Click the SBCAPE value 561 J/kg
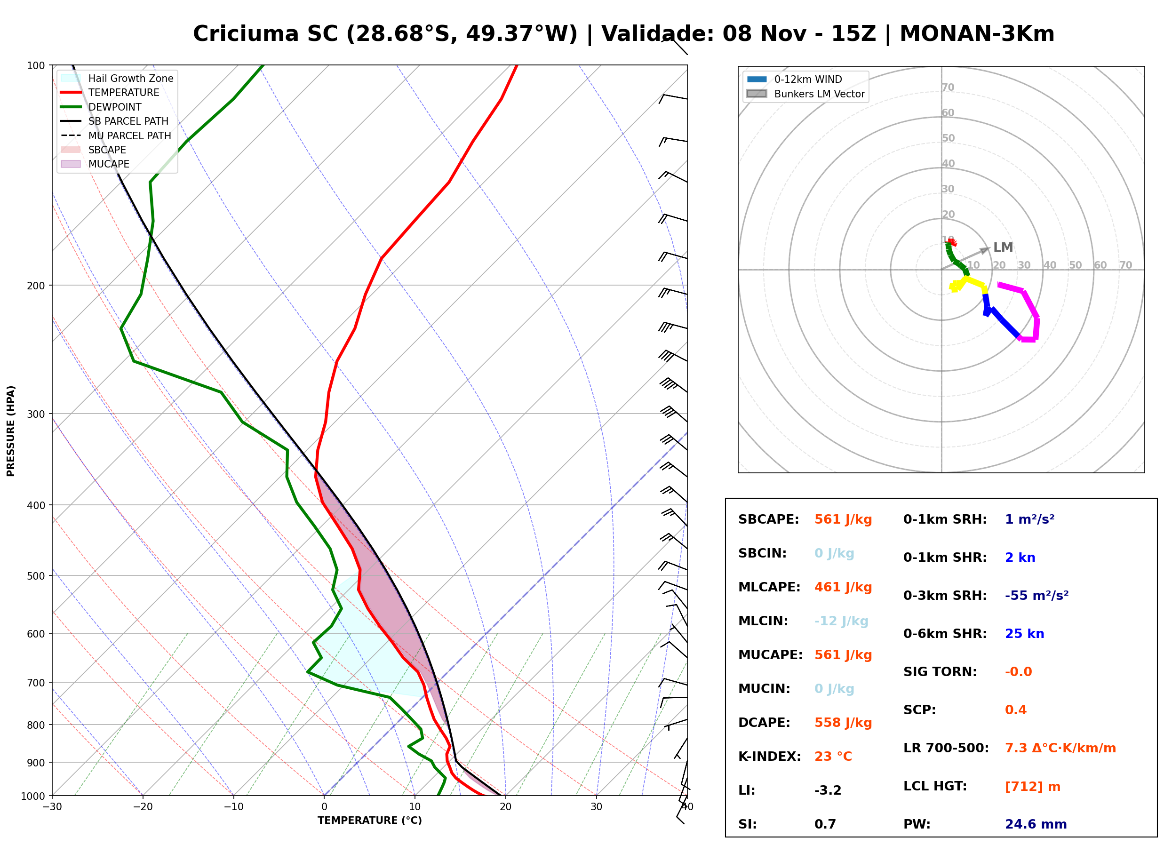[843, 519]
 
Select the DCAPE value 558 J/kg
[843, 723]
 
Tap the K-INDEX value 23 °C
[833, 757]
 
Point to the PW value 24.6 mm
[1036, 824]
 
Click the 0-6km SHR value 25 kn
[1024, 634]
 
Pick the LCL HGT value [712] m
[1033, 787]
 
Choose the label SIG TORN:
[940, 672]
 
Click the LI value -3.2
[828, 790]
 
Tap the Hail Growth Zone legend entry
[117, 78]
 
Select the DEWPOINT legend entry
[101, 107]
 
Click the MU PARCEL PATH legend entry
[116, 136]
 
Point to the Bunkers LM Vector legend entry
[805, 94]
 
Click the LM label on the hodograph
[1003, 247]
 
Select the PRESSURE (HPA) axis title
[10, 431]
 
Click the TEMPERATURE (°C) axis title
[370, 821]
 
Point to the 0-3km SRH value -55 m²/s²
[1037, 596]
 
